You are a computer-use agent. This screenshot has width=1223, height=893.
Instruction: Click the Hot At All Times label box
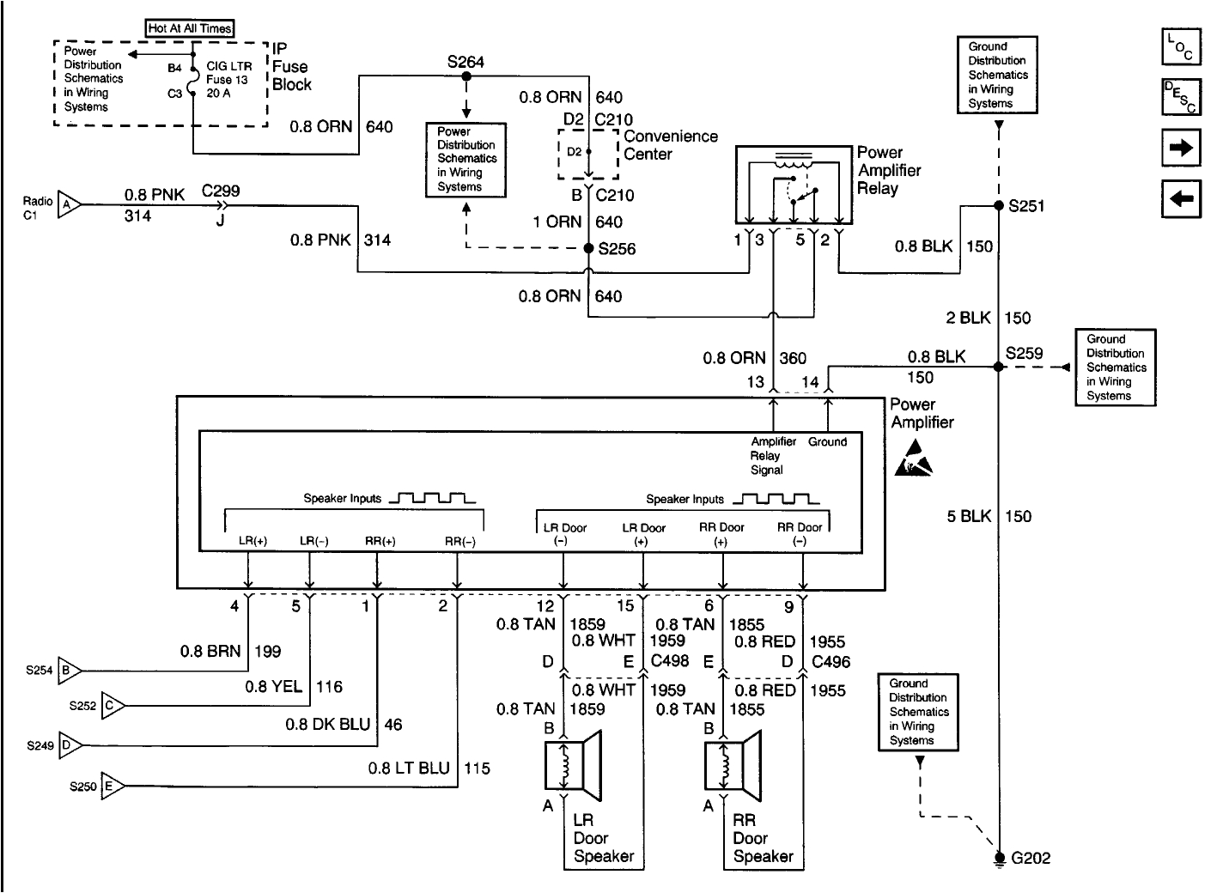coord(190,28)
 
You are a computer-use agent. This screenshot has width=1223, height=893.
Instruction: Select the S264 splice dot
coord(466,76)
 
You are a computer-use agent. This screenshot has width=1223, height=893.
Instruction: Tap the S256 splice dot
coord(588,248)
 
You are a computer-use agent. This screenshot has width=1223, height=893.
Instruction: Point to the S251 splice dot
coord(998,206)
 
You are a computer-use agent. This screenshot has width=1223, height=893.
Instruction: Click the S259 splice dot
coord(998,367)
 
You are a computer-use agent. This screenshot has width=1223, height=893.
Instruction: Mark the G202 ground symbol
coord(999,858)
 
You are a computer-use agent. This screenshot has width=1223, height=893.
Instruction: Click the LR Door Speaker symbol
coord(572,760)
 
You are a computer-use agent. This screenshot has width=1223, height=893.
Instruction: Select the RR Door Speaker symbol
coord(732,760)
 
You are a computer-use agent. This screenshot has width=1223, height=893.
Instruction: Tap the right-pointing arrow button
coord(1181,148)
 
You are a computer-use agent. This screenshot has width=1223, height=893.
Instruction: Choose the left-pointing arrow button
coord(1181,199)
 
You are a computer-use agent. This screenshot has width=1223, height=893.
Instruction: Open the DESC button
coord(1181,97)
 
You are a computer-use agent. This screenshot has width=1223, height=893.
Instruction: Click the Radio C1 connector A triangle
coord(69,204)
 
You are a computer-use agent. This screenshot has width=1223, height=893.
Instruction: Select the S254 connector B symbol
coord(69,670)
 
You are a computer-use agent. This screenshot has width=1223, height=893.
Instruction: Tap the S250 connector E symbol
coord(112,785)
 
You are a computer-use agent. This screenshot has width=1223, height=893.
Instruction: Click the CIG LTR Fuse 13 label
coord(228,79)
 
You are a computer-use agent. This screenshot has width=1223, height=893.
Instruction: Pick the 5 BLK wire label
coord(969,516)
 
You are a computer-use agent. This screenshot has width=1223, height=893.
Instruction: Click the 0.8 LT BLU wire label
coord(409,768)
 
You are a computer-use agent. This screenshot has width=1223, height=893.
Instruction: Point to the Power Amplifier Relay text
coord(889,170)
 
